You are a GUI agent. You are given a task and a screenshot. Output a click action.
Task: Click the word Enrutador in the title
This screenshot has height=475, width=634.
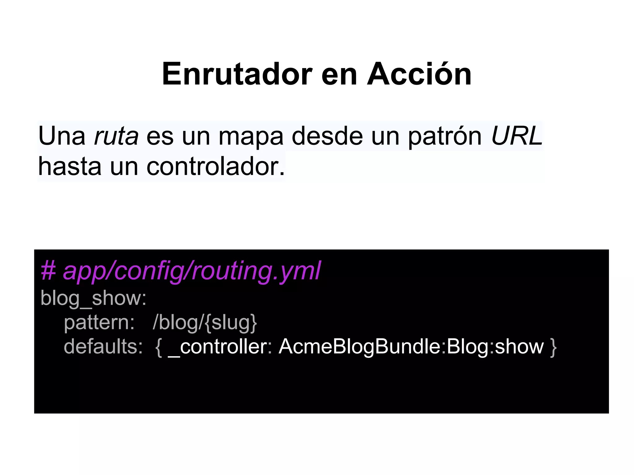click(237, 74)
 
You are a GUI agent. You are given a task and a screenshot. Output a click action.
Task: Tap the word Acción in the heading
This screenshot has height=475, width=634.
click(419, 74)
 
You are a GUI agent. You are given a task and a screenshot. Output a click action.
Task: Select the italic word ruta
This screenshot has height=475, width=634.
click(116, 136)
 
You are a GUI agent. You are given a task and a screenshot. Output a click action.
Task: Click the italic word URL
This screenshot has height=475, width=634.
click(517, 136)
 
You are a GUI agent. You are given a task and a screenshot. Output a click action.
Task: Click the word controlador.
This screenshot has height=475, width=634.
click(215, 167)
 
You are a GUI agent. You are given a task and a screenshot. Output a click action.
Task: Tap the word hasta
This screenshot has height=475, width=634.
click(70, 167)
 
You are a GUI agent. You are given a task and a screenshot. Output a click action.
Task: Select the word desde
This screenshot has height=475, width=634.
click(327, 136)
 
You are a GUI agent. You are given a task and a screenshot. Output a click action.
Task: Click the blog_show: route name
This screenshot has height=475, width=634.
click(93, 298)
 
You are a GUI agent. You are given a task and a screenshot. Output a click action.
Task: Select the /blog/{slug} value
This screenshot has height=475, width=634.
click(205, 323)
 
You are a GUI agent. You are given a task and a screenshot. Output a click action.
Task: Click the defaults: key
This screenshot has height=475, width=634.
click(103, 346)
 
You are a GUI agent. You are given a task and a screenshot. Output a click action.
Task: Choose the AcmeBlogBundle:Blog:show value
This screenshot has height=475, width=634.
click(411, 346)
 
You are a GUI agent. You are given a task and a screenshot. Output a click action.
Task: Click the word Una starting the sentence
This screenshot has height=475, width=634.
click(62, 136)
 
